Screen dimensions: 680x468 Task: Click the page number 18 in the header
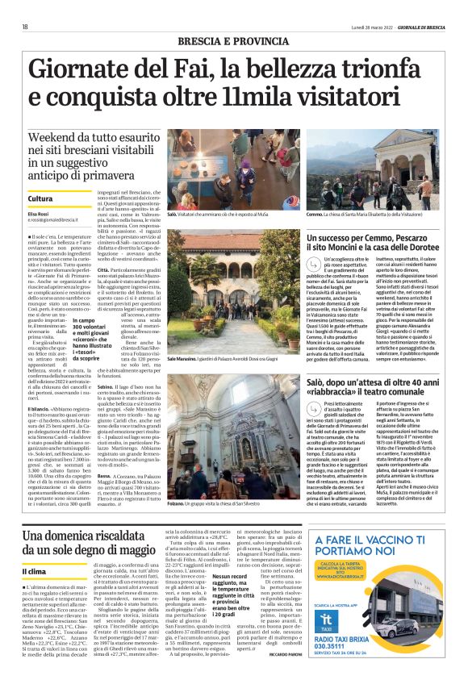tap(25, 26)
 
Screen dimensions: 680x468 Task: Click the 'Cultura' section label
tap(40, 198)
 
